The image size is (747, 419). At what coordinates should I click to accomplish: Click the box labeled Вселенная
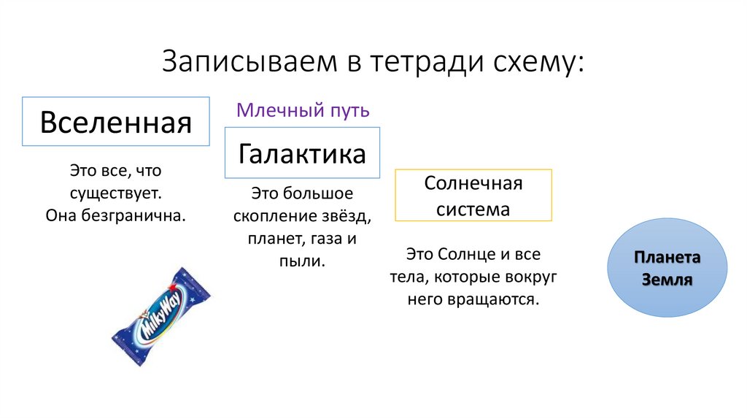pyautogui.click(x=116, y=121)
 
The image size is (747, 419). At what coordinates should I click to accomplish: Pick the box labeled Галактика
pyautogui.click(x=302, y=153)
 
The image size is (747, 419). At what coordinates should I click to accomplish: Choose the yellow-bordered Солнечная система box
pyautogui.click(x=473, y=196)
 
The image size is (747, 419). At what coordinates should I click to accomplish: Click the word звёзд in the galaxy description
pyautogui.click(x=350, y=216)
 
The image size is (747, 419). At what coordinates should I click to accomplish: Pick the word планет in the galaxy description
pyautogui.click(x=271, y=238)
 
